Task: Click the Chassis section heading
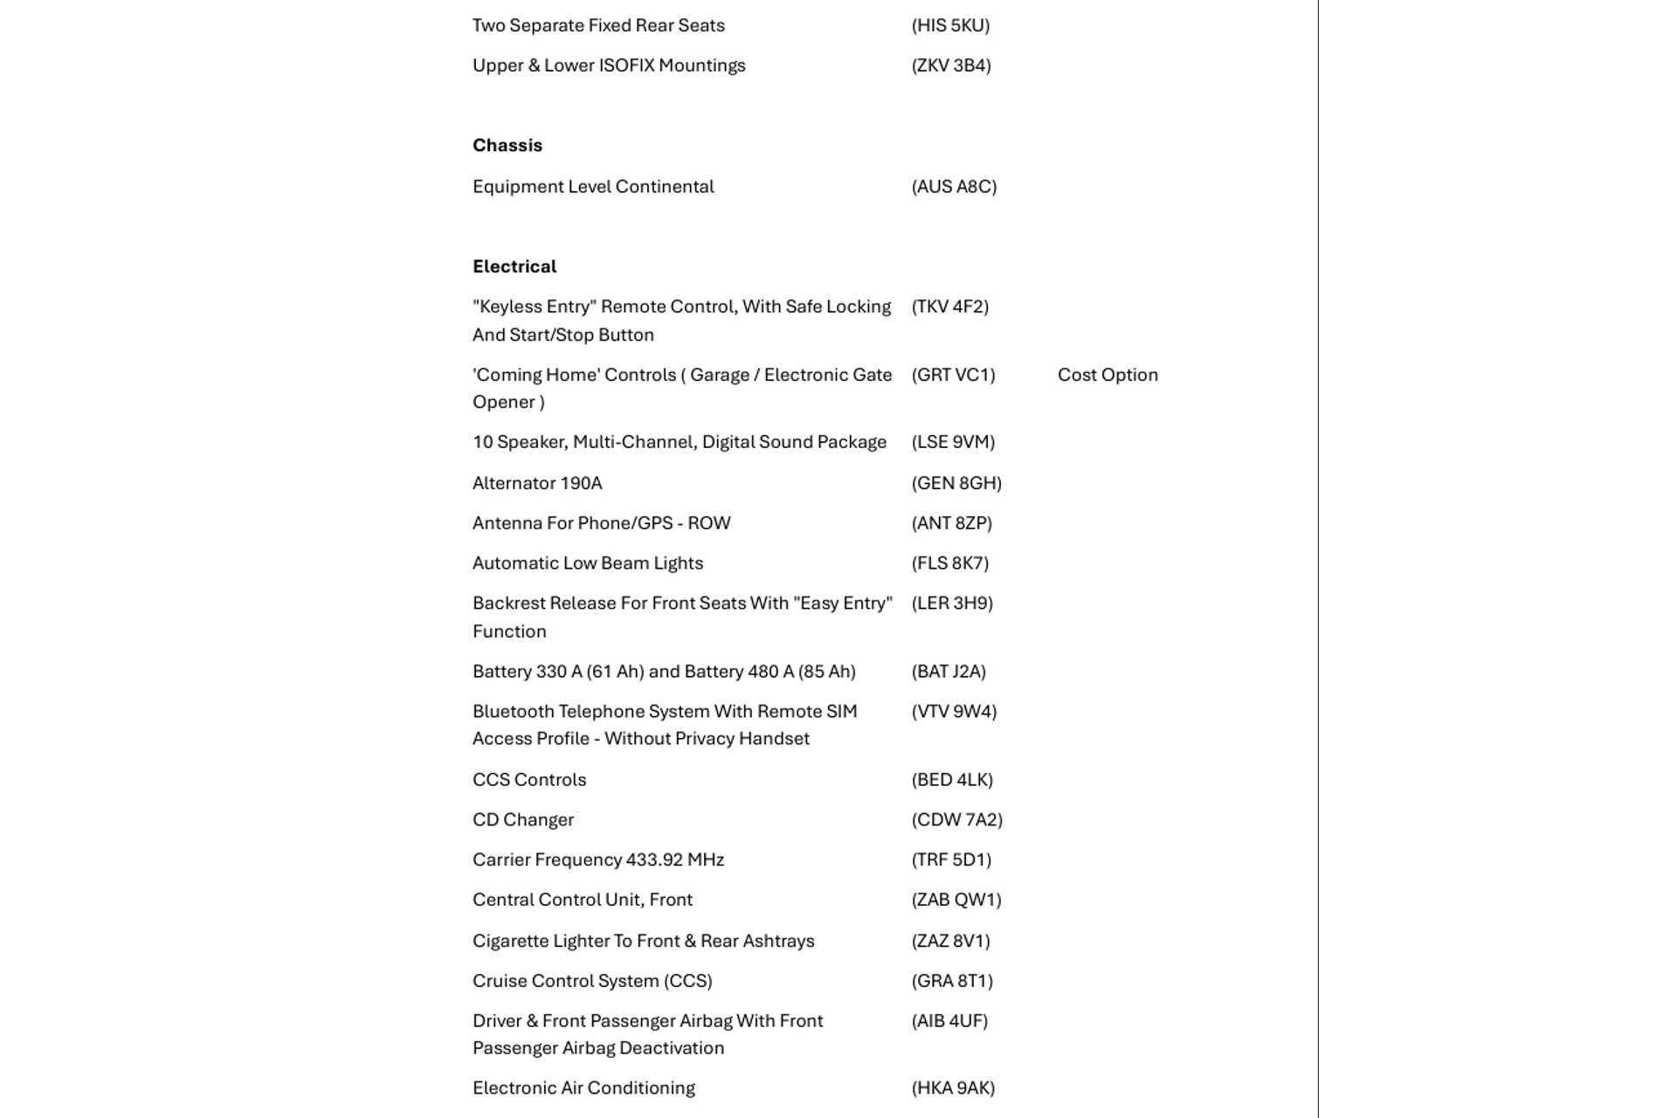[507, 146]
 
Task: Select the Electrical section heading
[514, 266]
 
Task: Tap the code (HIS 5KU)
[950, 25]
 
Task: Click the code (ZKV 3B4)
[951, 66]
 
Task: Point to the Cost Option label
[1108, 375]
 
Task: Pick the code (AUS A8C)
[954, 187]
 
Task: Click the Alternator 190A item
[537, 483]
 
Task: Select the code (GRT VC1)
[953, 375]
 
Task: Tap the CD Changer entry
[523, 819]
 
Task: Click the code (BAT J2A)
[949, 672]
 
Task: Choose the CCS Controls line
[529, 779]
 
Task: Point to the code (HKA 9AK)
[953, 1088]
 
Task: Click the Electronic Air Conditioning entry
[583, 1088]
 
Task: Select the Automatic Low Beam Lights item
[588, 563]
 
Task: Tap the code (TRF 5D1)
[951, 859]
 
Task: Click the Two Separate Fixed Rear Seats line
[598, 25]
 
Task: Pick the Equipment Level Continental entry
[593, 187]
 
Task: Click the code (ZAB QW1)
[956, 900]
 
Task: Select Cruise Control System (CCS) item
[592, 981]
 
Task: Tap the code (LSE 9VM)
[953, 442]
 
